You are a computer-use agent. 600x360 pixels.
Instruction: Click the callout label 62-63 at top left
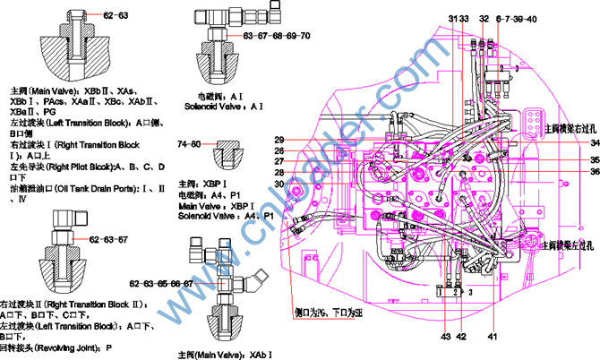pyautogui.click(x=116, y=15)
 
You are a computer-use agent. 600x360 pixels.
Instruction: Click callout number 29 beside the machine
pyautogui.click(x=279, y=139)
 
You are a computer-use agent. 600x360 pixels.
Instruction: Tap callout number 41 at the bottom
pyautogui.click(x=493, y=337)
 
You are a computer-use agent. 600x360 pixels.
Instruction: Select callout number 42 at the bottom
pyautogui.click(x=461, y=337)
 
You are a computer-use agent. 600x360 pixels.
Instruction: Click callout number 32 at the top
pyautogui.click(x=484, y=19)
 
